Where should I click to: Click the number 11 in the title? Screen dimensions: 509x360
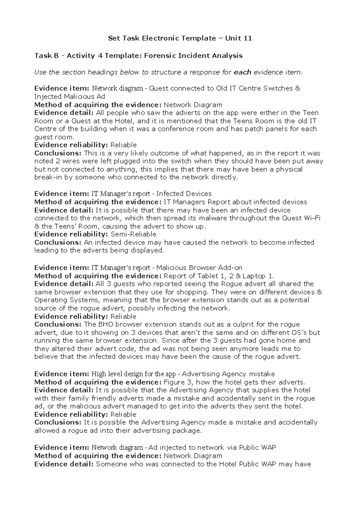tap(247, 38)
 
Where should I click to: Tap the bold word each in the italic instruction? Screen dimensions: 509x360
tap(242, 72)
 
